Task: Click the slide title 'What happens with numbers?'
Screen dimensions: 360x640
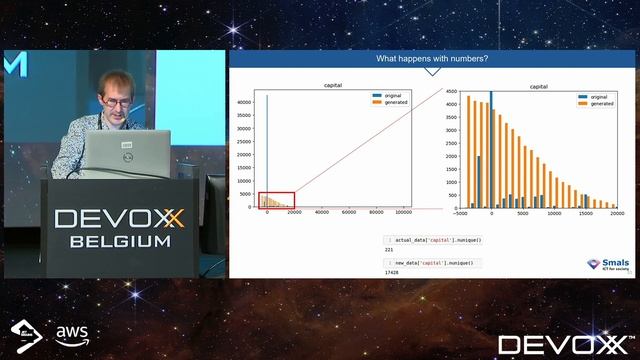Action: click(431, 59)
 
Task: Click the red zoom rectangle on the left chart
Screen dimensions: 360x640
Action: click(276, 200)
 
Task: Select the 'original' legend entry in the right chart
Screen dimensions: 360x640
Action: click(601, 97)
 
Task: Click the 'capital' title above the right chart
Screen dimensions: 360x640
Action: click(537, 87)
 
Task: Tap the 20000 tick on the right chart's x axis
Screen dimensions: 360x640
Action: click(617, 213)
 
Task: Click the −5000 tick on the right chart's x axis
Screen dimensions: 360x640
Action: click(460, 213)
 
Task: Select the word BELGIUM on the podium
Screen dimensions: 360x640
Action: click(119, 241)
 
